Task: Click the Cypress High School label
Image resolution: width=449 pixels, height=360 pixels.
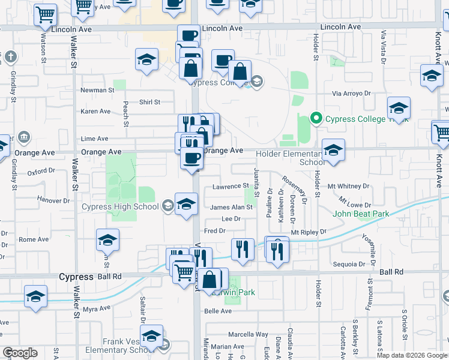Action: pyautogui.click(x=120, y=207)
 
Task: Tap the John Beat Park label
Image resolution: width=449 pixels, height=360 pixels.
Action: pyautogui.click(x=361, y=214)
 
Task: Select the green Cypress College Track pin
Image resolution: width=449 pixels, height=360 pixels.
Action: pyautogui.click(x=318, y=119)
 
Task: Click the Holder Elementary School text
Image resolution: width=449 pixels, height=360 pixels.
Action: pyautogui.click(x=291, y=158)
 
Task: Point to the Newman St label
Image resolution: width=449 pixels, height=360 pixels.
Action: pyautogui.click(x=97, y=91)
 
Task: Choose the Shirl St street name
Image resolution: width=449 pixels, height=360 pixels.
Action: pyautogui.click(x=149, y=102)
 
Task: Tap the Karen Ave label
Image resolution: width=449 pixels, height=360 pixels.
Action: pyautogui.click(x=96, y=112)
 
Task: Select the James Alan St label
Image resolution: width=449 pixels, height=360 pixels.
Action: pyautogui.click(x=232, y=207)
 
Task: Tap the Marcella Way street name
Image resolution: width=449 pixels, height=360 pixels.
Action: pyautogui.click(x=248, y=334)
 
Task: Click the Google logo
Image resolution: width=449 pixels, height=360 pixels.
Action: pyautogui.click(x=20, y=353)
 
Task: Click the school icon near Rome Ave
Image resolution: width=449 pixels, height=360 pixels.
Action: pyautogui.click(x=107, y=240)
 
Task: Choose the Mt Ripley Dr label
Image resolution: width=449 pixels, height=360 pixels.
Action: pyautogui.click(x=309, y=232)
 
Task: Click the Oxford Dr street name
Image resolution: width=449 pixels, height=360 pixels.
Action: pyautogui.click(x=41, y=172)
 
